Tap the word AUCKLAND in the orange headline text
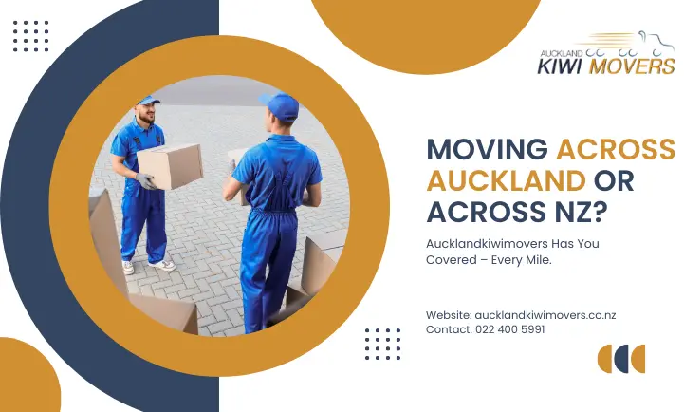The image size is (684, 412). [505, 179]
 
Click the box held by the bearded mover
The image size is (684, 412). [171, 165]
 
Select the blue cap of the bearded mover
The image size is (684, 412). [148, 100]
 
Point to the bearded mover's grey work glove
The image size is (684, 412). [145, 179]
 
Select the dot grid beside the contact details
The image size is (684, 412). [382, 344]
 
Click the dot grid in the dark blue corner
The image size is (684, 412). [31, 36]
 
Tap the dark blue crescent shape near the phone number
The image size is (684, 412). [607, 359]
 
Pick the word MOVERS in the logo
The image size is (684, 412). [632, 66]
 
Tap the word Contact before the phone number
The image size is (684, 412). [449, 328]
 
